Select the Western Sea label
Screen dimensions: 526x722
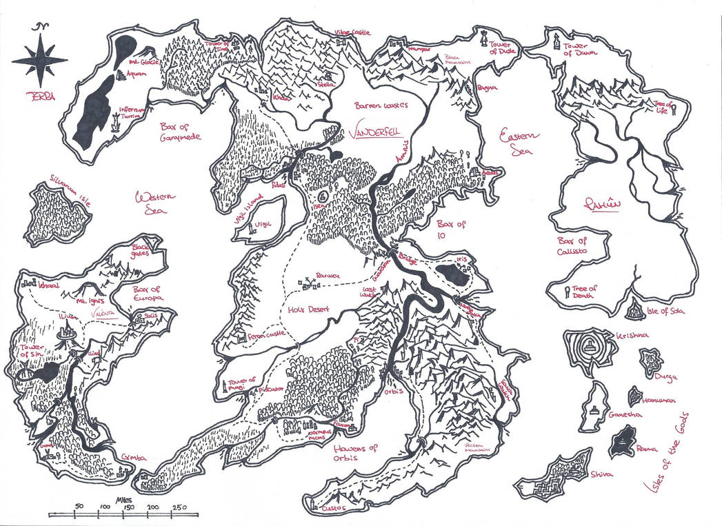(154, 204)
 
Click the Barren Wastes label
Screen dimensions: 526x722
(381, 105)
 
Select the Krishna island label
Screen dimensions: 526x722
(630, 335)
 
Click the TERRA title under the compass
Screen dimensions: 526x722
(41, 97)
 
